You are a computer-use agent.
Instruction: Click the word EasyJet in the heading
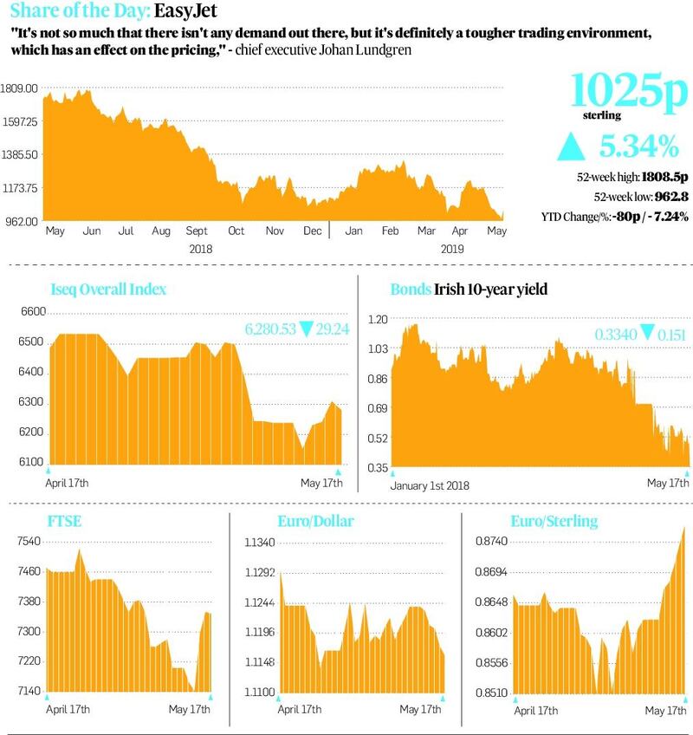point(185,11)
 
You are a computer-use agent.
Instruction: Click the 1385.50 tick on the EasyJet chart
point(21,154)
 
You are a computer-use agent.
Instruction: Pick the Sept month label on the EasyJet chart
point(198,232)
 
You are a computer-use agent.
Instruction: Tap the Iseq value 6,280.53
point(269,330)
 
